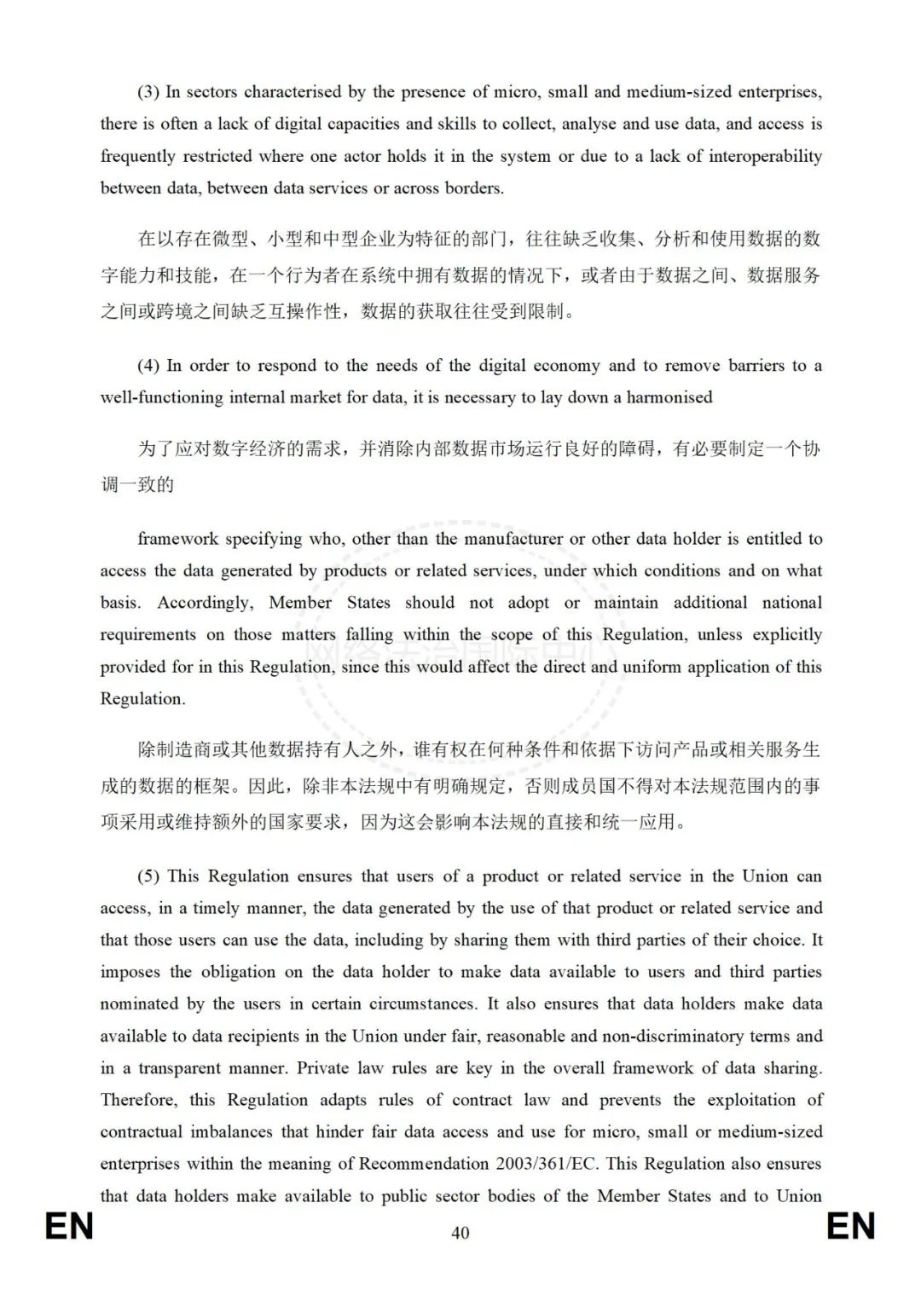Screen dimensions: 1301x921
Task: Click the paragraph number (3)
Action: click(x=148, y=92)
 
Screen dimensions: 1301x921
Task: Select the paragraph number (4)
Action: click(x=148, y=366)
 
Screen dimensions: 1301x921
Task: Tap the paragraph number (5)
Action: click(x=148, y=876)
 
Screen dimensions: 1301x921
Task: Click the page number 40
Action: click(x=460, y=1233)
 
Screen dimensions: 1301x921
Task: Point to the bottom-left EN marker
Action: click(x=69, y=1227)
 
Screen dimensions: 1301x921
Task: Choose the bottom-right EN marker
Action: click(x=851, y=1227)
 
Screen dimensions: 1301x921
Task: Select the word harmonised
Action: click(x=669, y=397)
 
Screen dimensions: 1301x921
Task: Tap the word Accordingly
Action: click(x=206, y=603)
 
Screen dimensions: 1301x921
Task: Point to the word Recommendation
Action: click(x=424, y=1164)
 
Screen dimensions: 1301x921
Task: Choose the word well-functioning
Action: click(x=162, y=397)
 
